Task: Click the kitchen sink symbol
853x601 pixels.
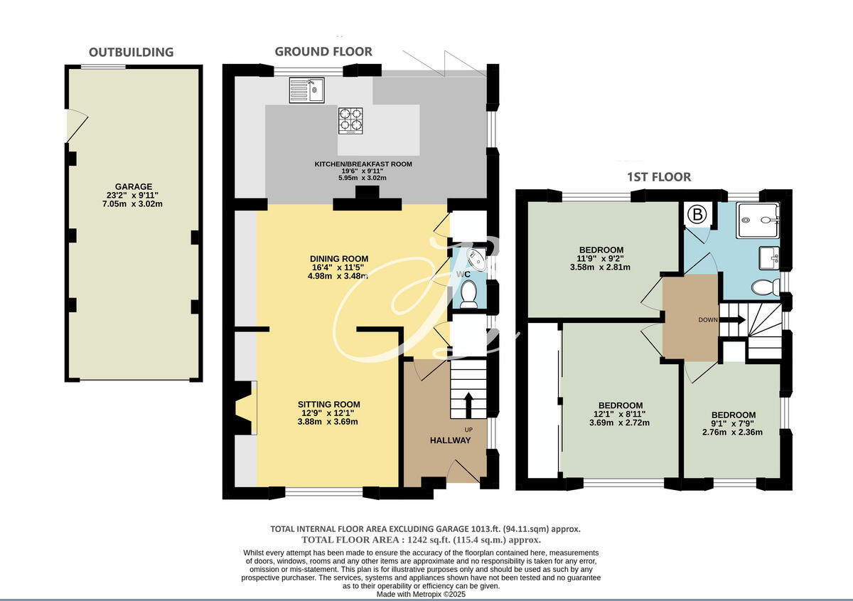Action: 306,90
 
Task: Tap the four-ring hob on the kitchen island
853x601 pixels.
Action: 350,120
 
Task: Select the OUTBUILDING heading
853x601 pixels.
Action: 131,52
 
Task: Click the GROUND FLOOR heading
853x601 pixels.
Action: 323,51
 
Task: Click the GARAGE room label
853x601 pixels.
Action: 135,186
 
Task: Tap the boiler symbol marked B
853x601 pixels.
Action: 697,214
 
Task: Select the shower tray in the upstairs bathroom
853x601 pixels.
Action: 759,220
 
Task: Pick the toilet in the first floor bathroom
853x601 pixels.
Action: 764,287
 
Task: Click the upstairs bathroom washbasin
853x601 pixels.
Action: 769,258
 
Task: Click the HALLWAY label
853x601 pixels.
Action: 450,440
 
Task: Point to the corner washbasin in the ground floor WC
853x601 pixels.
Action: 476,257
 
